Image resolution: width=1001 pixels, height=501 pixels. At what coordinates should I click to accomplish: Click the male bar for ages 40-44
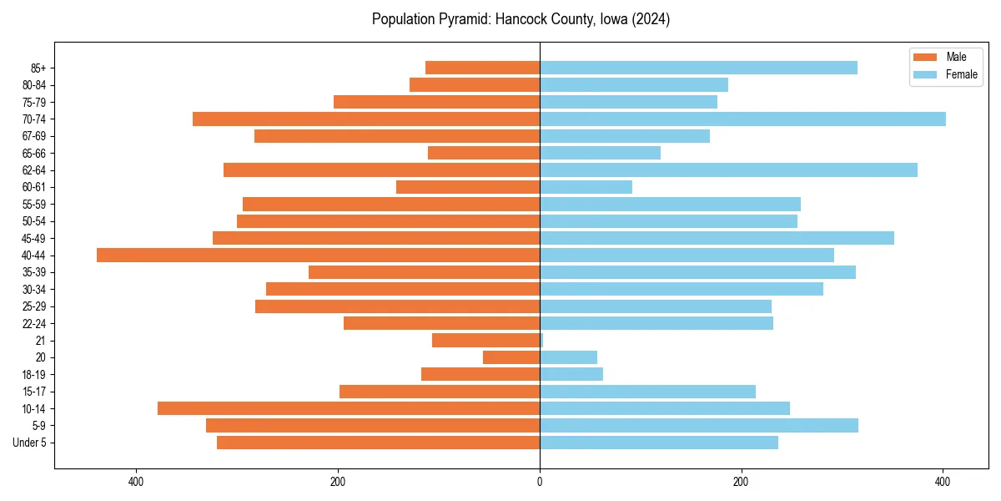pyautogui.click(x=318, y=256)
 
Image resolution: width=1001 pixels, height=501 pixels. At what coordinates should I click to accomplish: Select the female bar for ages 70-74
pyautogui.click(x=742, y=119)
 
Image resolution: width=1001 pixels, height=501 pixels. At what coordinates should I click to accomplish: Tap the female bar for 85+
pyautogui.click(x=698, y=68)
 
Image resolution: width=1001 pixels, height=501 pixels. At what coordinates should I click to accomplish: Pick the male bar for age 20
pyautogui.click(x=511, y=357)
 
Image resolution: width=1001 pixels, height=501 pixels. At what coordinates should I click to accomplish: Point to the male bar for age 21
pyautogui.click(x=485, y=341)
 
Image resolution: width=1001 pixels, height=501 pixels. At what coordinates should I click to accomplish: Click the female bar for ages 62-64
pyautogui.click(x=728, y=170)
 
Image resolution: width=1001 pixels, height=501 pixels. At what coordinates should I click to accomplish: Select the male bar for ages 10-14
pyautogui.click(x=349, y=408)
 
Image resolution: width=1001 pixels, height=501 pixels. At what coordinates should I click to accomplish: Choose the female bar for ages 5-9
pyautogui.click(x=699, y=426)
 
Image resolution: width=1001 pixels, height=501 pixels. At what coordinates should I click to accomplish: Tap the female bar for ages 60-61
pyautogui.click(x=586, y=187)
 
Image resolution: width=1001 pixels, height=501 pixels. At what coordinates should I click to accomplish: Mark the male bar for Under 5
pyautogui.click(x=378, y=443)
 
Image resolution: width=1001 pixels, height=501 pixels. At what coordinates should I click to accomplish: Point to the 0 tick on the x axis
pyautogui.click(x=540, y=482)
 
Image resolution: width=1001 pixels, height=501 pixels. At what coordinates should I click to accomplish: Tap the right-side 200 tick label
pyautogui.click(x=741, y=482)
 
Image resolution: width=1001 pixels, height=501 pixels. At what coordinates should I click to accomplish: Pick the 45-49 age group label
pyautogui.click(x=34, y=239)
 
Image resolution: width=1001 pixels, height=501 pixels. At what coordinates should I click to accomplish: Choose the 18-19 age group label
pyautogui.click(x=34, y=375)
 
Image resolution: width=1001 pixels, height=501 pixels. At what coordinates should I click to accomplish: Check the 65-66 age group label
pyautogui.click(x=34, y=154)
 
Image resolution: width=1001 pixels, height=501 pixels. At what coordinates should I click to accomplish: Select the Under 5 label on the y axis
pyautogui.click(x=30, y=443)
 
